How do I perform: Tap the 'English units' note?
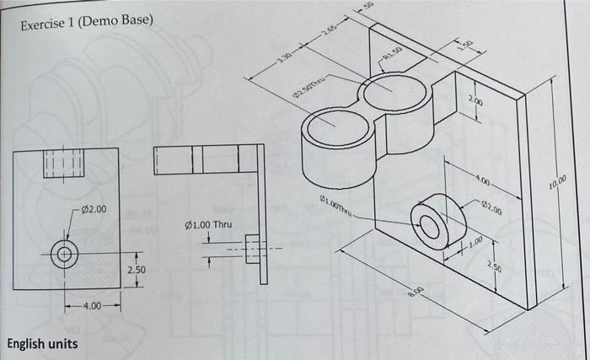42,344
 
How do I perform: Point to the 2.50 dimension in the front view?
137,271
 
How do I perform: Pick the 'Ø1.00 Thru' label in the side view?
206,225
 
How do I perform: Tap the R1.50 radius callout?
394,56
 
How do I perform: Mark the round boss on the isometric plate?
437,222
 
